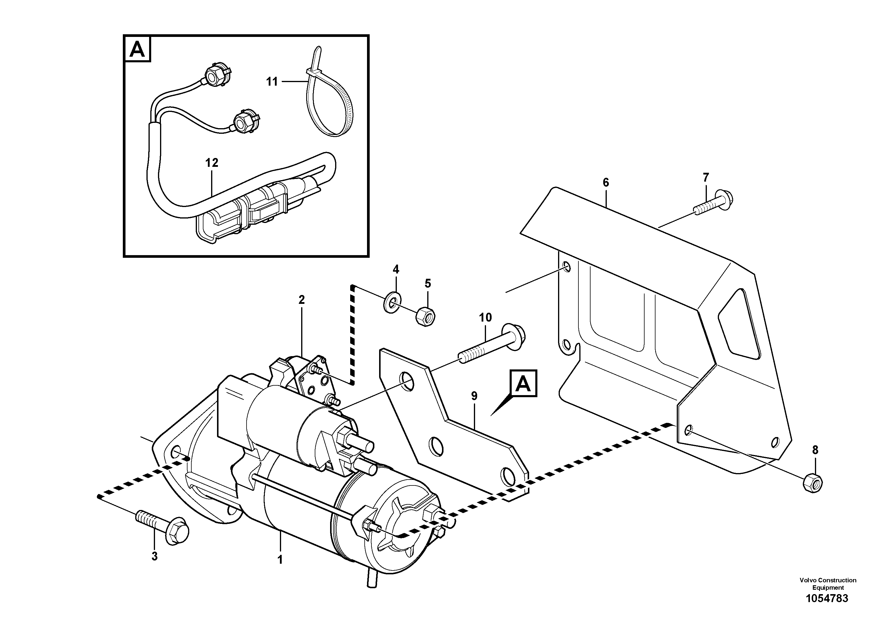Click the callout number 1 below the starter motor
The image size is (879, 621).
tap(280, 560)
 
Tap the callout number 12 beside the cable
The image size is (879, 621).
tap(212, 163)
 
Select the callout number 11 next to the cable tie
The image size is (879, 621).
tap(272, 82)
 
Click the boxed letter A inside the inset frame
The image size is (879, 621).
tap(137, 49)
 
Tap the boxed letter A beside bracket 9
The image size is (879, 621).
tap(523, 383)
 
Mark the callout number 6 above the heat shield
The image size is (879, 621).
tap(606, 182)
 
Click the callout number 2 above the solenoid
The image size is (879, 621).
tap(302, 300)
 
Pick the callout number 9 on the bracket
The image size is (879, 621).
tap(474, 396)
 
